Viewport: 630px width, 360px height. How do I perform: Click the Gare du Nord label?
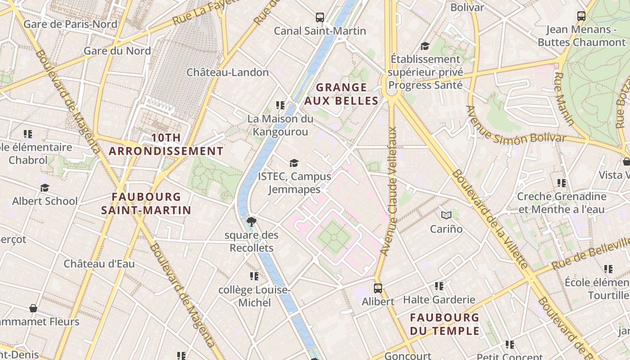coord(117,51)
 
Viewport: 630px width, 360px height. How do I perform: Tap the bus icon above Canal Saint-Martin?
coord(320,18)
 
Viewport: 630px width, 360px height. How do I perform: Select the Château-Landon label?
coord(227,72)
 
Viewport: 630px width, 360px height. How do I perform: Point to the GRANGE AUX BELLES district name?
coord(342,94)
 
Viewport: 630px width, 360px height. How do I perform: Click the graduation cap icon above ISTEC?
coord(294,163)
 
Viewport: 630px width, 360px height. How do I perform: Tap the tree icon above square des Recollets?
coord(252,221)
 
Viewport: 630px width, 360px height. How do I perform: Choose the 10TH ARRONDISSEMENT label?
coord(166,144)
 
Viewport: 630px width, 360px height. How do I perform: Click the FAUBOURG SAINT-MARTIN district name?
coord(146,203)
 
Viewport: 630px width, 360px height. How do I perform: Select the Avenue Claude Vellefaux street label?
coord(390,191)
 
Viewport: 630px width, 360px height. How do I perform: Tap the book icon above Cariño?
coord(446,215)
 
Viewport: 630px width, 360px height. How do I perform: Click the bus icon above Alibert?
coord(378,288)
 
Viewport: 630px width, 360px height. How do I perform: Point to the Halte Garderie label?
coord(439,300)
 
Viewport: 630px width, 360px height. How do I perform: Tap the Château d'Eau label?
coord(99,264)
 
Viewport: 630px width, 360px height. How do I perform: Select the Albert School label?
coord(45,201)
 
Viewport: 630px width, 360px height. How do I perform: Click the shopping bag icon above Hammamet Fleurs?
coord(33,308)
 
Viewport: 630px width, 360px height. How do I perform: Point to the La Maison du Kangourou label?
coord(280,125)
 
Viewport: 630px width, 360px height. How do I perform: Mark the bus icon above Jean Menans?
coord(581,16)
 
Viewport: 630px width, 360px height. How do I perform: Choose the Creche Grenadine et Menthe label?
coord(562,203)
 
